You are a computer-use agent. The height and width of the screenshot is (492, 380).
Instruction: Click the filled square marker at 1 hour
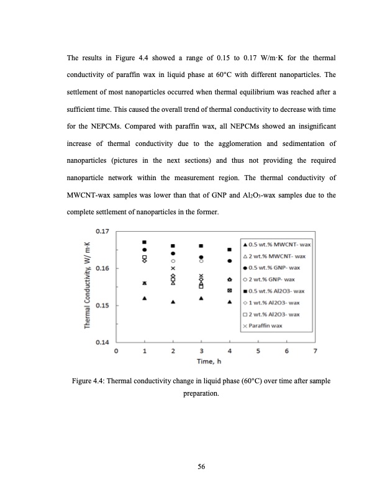[x=145, y=242]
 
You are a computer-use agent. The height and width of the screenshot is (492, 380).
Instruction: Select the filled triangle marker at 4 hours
[x=230, y=303]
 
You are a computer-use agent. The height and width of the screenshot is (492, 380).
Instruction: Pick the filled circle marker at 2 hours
[x=173, y=253]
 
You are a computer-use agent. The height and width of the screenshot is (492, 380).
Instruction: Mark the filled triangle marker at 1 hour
[x=145, y=298]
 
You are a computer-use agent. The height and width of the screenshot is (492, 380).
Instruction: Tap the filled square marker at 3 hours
[x=201, y=245]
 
